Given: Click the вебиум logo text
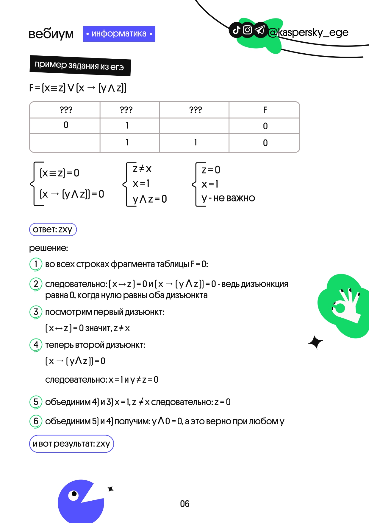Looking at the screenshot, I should tap(51, 34).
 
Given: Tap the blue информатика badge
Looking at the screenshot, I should tap(119, 34).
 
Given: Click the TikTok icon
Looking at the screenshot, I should tap(236, 30).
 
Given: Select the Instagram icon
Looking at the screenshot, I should tap(248, 30).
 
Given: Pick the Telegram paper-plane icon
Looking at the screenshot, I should tap(260, 30).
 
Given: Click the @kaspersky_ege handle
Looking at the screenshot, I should tap(308, 32).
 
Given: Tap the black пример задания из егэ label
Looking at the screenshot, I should tap(80, 66).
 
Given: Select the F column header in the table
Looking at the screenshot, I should tap(265, 110).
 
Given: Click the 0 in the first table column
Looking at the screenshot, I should tap(66, 125).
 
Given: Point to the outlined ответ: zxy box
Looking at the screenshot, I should tap(53, 229).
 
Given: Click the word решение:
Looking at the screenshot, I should tap(49, 248).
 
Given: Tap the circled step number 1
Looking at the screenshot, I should tap(36, 264).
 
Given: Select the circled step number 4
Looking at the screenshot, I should tap(36, 345).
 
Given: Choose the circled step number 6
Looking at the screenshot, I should tap(36, 421).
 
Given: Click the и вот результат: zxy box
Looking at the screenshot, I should tap(71, 444).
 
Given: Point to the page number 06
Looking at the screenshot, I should tap(185, 504).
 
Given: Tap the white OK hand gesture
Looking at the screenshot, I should tap(347, 305).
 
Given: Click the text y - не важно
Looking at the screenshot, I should tap(228, 198).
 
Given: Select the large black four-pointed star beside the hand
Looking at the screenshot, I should tap(315, 342).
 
